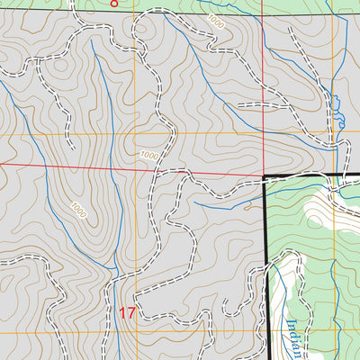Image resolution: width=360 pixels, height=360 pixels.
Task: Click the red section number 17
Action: (127, 314)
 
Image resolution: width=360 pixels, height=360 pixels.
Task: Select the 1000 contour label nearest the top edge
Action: (214, 21)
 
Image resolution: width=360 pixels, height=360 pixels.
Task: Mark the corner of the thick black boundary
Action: (265, 175)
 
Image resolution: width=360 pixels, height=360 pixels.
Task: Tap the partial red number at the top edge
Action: (113, 4)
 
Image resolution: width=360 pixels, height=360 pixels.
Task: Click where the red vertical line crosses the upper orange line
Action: (263, 134)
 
